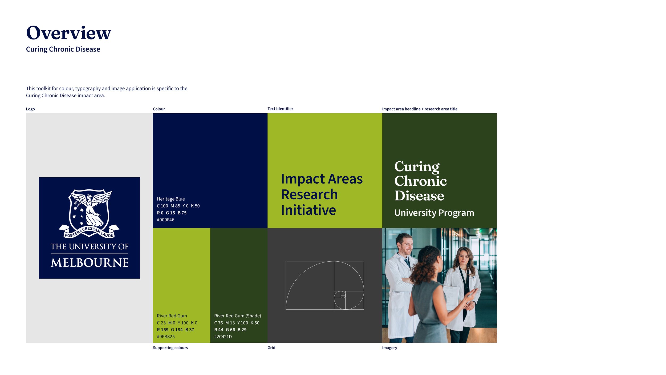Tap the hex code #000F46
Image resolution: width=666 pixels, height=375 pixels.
point(165,220)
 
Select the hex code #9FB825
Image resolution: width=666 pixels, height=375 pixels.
point(166,337)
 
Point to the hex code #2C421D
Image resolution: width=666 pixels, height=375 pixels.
point(223,337)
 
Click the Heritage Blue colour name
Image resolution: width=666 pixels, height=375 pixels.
point(171,199)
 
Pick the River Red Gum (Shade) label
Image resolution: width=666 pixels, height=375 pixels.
point(237,316)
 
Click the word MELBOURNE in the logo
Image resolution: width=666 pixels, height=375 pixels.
point(90,263)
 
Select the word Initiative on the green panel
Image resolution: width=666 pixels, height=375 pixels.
point(308,210)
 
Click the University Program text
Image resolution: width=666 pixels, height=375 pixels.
point(434,213)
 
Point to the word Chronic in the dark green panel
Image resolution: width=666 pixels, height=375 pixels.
point(420,181)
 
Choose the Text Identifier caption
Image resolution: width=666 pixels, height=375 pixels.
point(280,109)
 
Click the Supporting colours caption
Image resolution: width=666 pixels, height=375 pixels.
point(170,348)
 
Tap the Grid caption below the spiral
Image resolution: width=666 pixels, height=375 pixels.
point(271,348)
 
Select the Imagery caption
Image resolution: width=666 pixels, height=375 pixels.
point(389,348)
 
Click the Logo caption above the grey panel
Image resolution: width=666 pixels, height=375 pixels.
point(30,109)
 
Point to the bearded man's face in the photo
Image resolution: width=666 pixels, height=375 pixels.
point(405,245)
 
